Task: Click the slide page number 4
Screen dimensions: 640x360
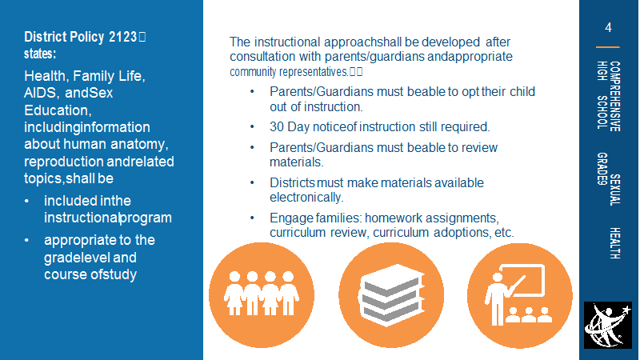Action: tap(608, 28)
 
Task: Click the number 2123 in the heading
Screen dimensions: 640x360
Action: tap(122, 37)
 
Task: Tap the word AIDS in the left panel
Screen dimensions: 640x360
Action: tap(41, 93)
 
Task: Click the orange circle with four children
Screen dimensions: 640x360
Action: tap(262, 295)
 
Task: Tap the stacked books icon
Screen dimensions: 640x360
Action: tap(391, 295)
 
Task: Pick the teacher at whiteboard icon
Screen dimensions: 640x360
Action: tap(519, 295)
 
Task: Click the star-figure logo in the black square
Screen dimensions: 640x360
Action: tap(608, 326)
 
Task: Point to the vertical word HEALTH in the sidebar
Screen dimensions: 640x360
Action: tap(614, 243)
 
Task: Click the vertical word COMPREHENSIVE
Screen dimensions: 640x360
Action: tap(614, 96)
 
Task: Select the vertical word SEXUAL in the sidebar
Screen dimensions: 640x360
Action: tap(614, 190)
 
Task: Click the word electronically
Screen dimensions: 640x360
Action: tap(306, 198)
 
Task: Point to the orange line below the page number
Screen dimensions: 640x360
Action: tap(608, 47)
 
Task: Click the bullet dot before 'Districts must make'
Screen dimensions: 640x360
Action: tap(252, 182)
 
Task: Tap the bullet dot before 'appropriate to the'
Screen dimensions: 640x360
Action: tap(27, 240)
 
